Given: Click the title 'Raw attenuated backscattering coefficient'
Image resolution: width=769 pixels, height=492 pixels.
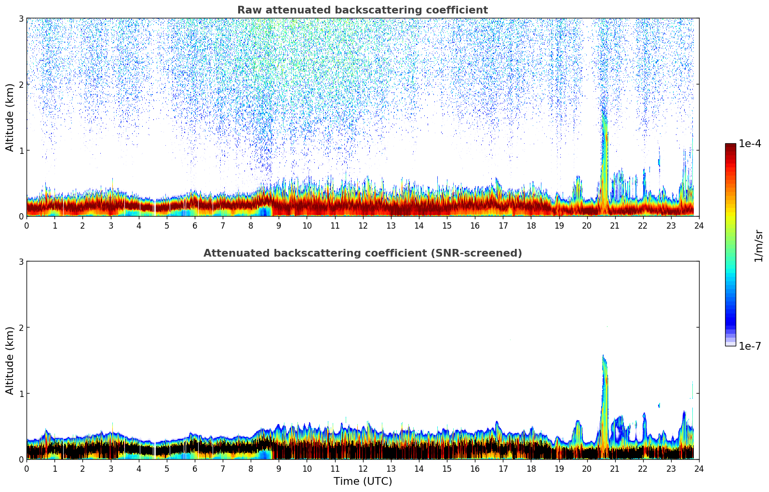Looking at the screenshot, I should pos(362,10).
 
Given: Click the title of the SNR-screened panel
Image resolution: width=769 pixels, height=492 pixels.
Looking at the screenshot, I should pos(362,253).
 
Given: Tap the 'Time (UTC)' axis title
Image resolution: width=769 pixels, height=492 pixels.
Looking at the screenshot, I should pos(363,481).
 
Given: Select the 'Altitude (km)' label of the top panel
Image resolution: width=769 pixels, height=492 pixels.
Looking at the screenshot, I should pos(10,117).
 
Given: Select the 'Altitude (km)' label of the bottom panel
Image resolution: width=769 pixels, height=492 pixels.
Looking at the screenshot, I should pos(10,360).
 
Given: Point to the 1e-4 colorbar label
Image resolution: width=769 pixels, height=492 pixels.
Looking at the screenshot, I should pos(750,144).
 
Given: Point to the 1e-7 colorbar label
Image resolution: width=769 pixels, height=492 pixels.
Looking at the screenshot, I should pos(750,346).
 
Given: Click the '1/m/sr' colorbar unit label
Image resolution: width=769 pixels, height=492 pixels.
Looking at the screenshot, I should pos(758,246).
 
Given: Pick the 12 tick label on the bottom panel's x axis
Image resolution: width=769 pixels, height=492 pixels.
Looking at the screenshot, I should pos(363,469).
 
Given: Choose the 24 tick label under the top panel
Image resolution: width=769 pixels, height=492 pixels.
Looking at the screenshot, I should pos(699,226).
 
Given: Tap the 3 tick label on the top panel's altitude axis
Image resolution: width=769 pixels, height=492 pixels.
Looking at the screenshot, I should pos(21,19).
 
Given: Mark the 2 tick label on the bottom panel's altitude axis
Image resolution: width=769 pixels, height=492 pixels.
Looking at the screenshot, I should pos(21,328).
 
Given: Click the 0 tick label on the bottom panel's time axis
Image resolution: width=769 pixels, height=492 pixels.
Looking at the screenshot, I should pos(27,469).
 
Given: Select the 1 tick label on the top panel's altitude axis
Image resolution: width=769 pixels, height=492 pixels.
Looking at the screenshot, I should pos(21,150).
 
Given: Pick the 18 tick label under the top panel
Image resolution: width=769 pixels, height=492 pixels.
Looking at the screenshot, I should pos(531,226).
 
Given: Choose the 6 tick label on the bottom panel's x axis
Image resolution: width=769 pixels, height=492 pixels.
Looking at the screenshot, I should pos(195,469).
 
